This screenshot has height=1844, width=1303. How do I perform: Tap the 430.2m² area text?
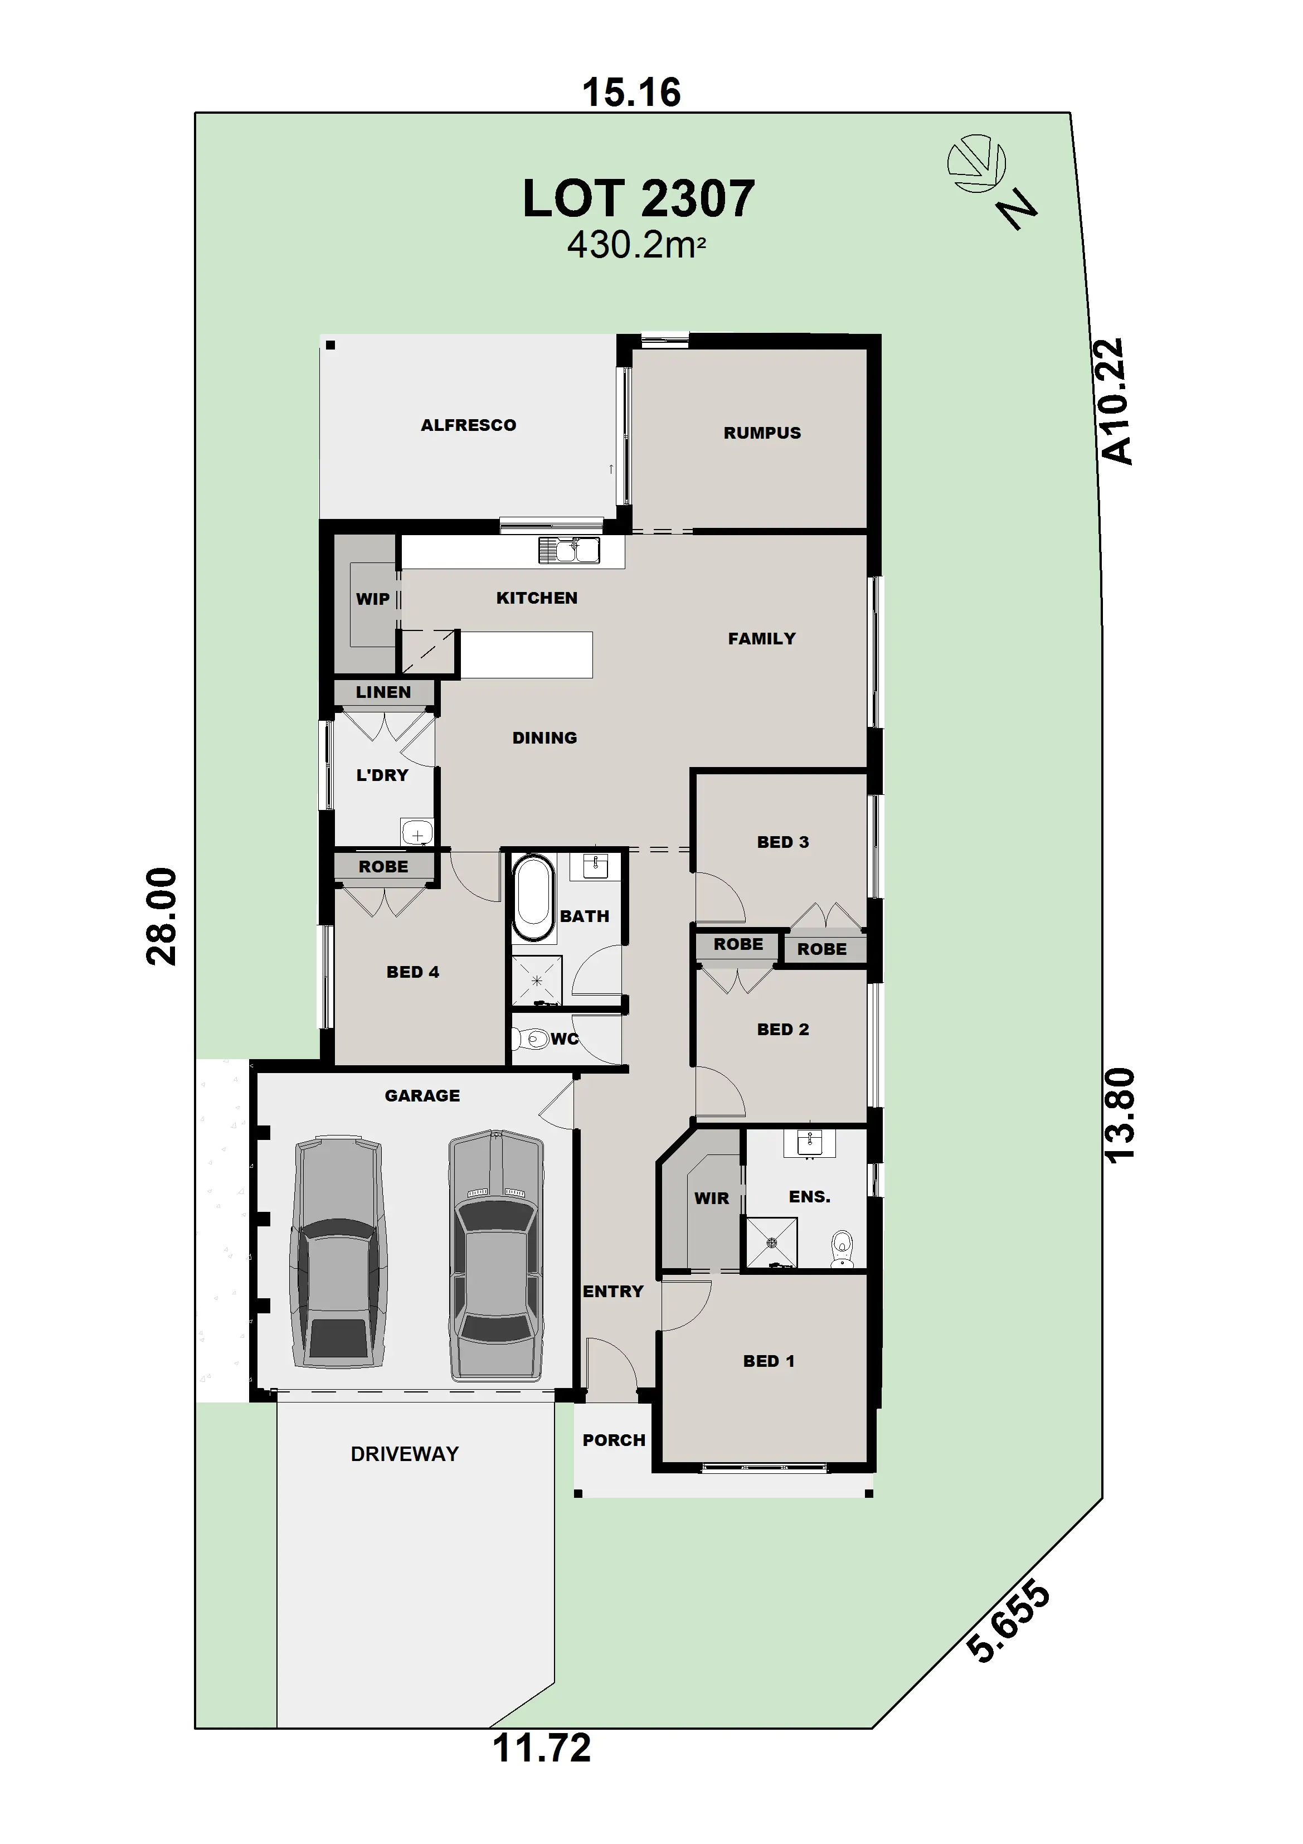pyautogui.click(x=636, y=245)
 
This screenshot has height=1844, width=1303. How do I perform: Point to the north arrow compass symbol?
pyautogui.click(x=976, y=164)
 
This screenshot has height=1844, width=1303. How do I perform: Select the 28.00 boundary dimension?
pyautogui.click(x=162, y=916)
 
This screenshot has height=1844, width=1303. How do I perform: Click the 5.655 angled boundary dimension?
pyautogui.click(x=1008, y=1620)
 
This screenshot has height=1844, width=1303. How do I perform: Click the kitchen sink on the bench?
pyautogui.click(x=569, y=550)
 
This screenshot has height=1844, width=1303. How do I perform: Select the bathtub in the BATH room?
pyautogui.click(x=534, y=899)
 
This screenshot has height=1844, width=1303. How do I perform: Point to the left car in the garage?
pyautogui.click(x=339, y=1251)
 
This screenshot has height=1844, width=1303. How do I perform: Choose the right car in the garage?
pyautogui.click(x=495, y=1256)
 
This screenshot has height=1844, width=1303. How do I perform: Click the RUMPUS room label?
pyautogui.click(x=762, y=433)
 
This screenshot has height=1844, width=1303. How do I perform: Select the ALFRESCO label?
pyautogui.click(x=468, y=425)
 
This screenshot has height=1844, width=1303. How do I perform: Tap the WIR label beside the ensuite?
pyautogui.click(x=711, y=1198)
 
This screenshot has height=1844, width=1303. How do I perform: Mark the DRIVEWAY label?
pyautogui.click(x=405, y=1454)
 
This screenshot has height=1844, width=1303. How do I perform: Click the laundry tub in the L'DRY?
pyautogui.click(x=417, y=832)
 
